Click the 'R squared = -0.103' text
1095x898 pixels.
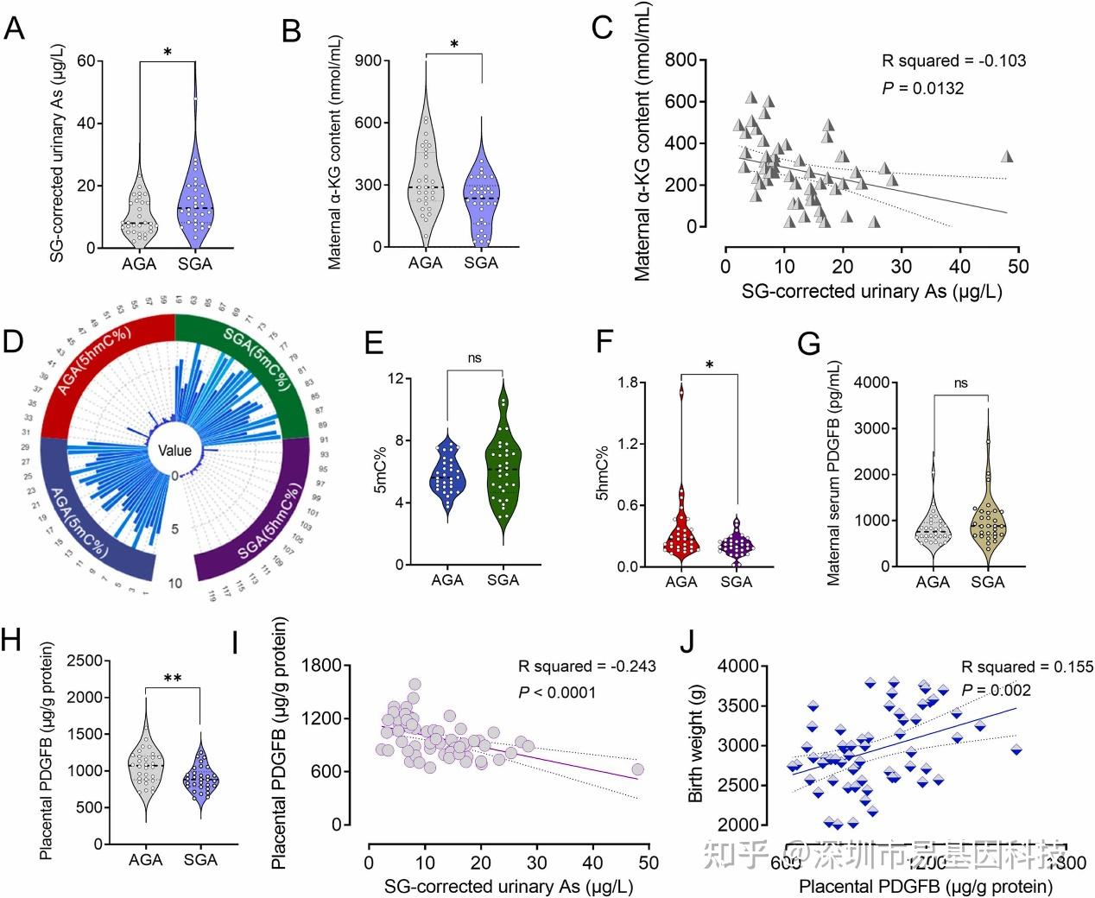click(x=953, y=60)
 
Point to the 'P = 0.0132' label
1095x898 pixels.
click(x=922, y=88)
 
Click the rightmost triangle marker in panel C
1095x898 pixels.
click(x=1006, y=157)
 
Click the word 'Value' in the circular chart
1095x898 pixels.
click(x=174, y=450)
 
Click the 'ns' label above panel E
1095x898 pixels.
click(x=474, y=358)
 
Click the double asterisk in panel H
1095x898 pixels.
click(x=172, y=679)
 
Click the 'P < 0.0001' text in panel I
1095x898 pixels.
click(x=557, y=692)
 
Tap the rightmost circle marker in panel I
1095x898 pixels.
click(x=637, y=769)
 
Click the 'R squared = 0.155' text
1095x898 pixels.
click(x=1028, y=667)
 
